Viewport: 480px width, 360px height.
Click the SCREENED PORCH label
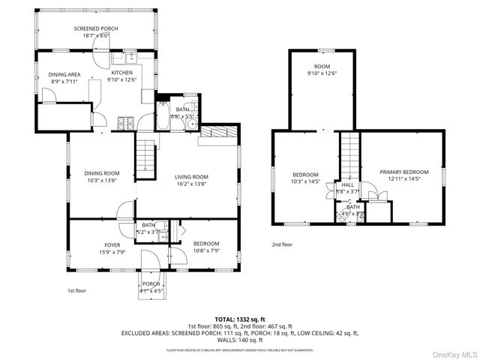tap(95, 28)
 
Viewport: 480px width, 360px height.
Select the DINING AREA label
tap(64, 74)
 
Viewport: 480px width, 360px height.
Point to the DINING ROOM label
tap(102, 173)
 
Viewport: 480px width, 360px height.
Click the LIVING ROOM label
tap(190, 176)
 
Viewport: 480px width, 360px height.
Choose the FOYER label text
tap(112, 245)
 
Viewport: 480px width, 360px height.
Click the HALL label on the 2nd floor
tap(348, 184)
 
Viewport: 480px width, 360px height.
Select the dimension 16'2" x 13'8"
tap(190, 183)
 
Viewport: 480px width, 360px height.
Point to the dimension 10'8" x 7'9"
tap(206, 250)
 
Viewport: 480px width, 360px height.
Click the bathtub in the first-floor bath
tap(164, 118)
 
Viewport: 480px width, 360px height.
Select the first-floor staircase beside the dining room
tap(145, 156)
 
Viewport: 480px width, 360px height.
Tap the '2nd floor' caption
tap(282, 244)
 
